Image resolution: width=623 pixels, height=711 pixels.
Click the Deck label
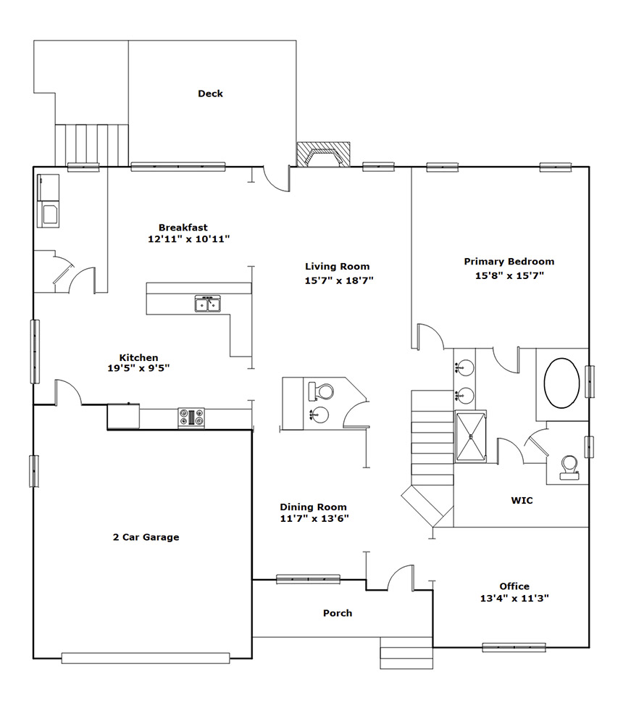tap(210, 93)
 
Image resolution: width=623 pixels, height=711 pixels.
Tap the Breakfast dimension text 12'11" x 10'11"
tap(189, 239)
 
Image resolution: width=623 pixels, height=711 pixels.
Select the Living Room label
tap(337, 266)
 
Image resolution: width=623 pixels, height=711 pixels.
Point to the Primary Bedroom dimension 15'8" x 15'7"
tap(509, 275)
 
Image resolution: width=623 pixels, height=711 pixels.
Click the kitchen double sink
tap(208, 304)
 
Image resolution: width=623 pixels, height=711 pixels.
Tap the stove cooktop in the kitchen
tap(191, 417)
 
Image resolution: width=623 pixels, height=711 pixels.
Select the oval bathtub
tap(562, 383)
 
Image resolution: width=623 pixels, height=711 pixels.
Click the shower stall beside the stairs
tap(470, 436)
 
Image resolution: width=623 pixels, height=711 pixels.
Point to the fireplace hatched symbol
tap(323, 154)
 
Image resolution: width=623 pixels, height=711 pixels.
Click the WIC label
tap(522, 501)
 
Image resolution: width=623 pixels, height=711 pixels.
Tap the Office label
tap(514, 586)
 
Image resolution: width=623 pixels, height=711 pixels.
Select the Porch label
tap(338, 613)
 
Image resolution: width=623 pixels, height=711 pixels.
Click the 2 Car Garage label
tap(146, 537)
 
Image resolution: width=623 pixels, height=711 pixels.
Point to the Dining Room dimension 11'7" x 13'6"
tap(314, 518)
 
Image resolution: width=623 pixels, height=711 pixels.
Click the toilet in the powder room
tap(321, 391)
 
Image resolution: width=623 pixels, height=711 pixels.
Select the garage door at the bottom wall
tap(146, 658)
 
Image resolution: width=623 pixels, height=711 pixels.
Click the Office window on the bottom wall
tap(514, 647)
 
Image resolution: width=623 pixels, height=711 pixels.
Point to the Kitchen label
tap(138, 357)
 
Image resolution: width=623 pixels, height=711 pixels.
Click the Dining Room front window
tap(308, 579)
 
